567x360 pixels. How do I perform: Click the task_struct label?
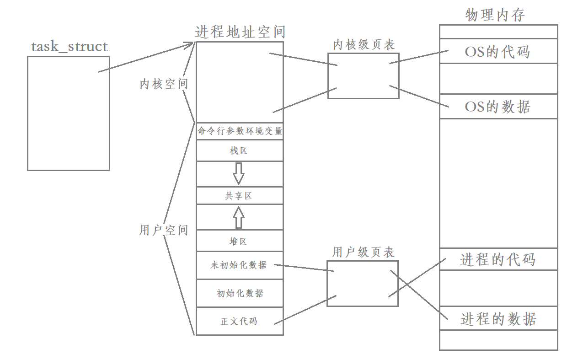(70, 47)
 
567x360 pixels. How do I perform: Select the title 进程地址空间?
(240, 32)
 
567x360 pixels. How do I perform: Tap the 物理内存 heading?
(495, 15)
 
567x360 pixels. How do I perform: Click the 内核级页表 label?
(364, 44)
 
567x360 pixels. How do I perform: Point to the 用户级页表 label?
(363, 252)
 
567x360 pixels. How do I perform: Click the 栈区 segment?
(239, 150)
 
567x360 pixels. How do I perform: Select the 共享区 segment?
(239, 196)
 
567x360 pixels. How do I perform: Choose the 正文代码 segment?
(239, 321)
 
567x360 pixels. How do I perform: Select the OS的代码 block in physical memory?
(498, 52)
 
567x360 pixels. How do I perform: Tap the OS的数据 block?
(498, 107)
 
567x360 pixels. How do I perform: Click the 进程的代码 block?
(498, 259)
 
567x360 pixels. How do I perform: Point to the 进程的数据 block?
(498, 318)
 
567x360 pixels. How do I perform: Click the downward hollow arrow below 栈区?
(238, 173)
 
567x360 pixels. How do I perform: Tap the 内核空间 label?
(164, 84)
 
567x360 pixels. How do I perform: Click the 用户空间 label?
(164, 230)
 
